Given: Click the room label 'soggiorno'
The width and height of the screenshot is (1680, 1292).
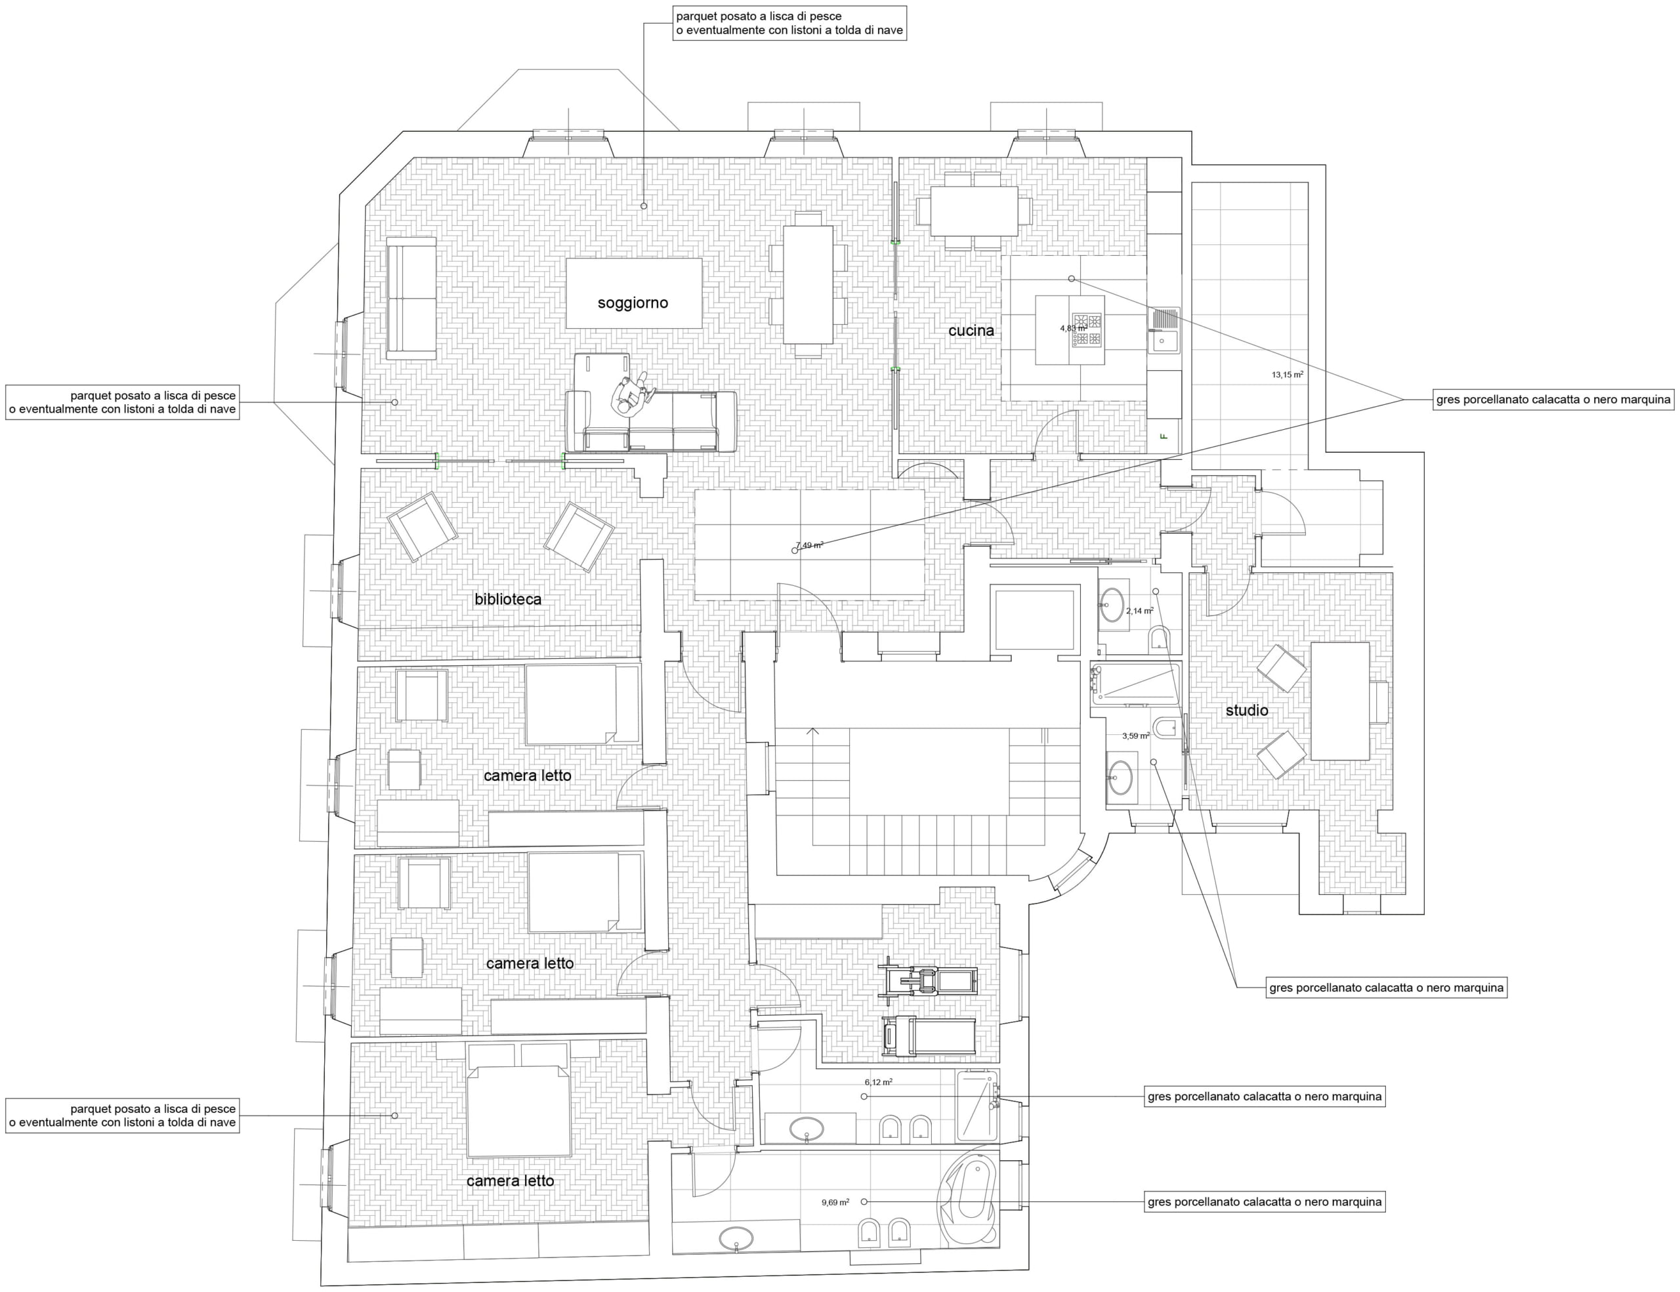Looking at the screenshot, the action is click(x=633, y=303).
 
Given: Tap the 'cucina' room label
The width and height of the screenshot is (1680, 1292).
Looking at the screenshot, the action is click(x=971, y=331).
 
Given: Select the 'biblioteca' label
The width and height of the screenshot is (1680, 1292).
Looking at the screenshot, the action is click(x=508, y=599).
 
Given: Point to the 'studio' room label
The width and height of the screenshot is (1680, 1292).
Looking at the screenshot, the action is click(x=1247, y=711).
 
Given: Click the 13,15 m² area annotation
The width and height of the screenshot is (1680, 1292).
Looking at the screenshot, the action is click(x=1288, y=375).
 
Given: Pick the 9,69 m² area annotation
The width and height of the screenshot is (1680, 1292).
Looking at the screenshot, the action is click(x=835, y=1202).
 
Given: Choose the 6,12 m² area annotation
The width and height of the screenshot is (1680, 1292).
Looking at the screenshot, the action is click(x=879, y=1082).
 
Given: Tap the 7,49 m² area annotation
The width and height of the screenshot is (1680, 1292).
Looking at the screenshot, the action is click(x=809, y=545).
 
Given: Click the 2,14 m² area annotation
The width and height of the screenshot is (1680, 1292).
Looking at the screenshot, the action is click(x=1140, y=612).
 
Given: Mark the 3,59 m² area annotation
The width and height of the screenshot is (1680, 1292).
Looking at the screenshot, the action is click(x=1136, y=736).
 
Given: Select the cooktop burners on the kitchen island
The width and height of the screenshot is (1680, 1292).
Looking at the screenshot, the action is click(x=1087, y=329).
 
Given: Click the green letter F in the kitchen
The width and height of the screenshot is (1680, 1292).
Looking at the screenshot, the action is click(x=1164, y=437).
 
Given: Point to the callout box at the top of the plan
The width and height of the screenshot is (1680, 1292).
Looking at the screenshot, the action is click(x=789, y=23).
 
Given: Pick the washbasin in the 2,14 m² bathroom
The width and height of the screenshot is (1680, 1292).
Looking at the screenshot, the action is click(x=1112, y=604).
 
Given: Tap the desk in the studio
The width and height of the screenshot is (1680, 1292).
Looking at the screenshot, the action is click(x=1340, y=701).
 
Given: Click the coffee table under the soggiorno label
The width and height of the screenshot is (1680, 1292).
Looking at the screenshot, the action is click(x=634, y=293).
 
